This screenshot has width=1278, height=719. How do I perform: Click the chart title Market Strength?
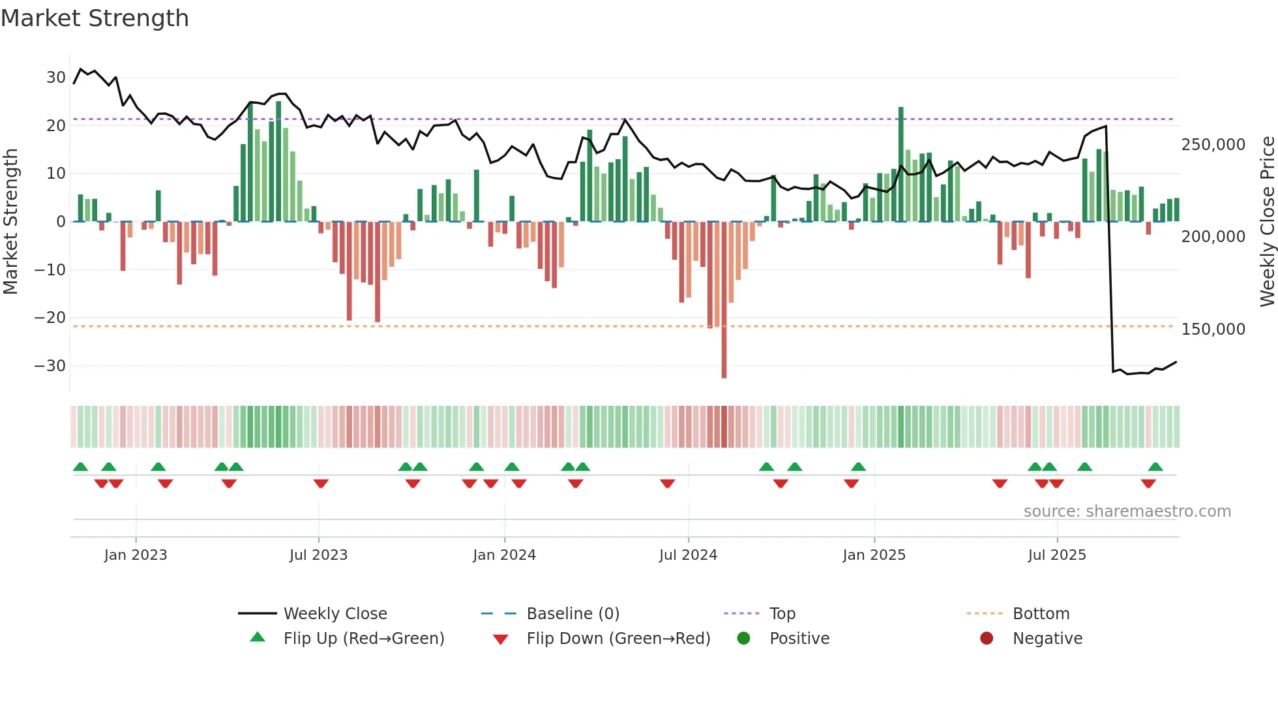[95, 18]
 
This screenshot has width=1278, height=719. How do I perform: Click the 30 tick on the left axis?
[56, 78]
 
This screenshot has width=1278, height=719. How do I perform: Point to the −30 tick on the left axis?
[50, 366]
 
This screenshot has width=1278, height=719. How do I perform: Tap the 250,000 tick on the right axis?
[1213, 145]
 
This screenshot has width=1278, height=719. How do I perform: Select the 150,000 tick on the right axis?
[1213, 329]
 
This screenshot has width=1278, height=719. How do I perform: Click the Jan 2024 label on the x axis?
[504, 555]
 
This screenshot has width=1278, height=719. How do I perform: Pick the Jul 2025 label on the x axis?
[1057, 555]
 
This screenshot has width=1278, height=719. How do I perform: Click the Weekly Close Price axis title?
[1267, 222]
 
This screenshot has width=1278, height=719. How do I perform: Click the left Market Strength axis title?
[10, 222]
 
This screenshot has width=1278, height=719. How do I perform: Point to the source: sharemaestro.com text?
[1127, 512]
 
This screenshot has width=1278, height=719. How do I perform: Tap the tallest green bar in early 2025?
[901, 163]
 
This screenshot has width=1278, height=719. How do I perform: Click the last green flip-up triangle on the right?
[1155, 467]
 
